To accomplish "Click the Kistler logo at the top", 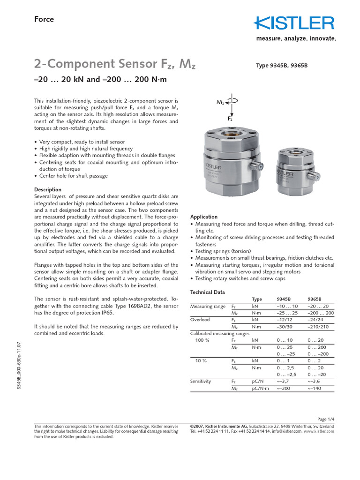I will [294, 23].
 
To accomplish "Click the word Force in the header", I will [44, 19].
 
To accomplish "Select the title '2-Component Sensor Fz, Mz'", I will [115, 64].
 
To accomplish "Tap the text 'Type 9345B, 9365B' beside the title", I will [281, 66].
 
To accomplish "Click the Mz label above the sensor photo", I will [220, 102].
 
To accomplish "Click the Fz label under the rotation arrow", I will [230, 119].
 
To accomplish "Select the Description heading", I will [48, 190].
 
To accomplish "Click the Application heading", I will [203, 217].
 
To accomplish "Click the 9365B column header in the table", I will [315, 299].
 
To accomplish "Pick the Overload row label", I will [200, 320].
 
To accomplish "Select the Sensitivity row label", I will [201, 381].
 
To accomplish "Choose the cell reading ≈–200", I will [285, 389].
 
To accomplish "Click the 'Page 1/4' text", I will [325, 419].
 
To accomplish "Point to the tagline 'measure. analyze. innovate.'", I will [295, 39].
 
